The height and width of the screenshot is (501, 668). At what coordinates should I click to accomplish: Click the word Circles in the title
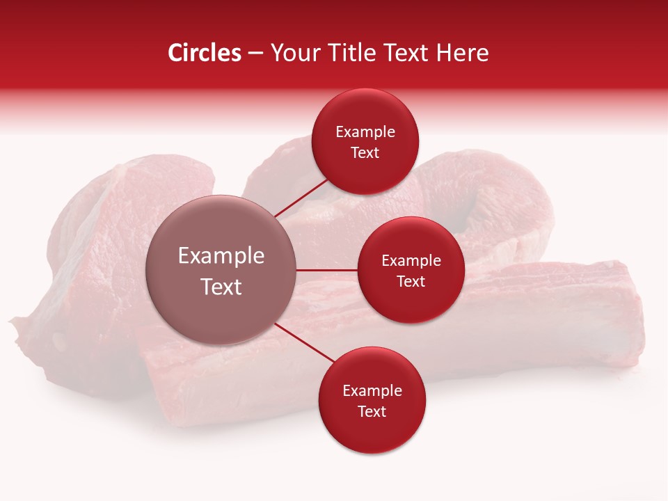(204, 53)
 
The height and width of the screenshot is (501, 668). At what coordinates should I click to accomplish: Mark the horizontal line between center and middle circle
(327, 270)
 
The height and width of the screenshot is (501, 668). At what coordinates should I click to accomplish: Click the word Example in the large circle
(221, 256)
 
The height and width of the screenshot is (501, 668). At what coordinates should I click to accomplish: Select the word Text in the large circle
(221, 287)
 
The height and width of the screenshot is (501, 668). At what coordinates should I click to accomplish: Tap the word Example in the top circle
(365, 132)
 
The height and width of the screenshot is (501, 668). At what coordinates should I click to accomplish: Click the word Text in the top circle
(365, 153)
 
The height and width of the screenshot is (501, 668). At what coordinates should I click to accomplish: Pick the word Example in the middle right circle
(411, 261)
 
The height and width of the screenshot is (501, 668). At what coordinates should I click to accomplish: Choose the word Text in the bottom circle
(372, 412)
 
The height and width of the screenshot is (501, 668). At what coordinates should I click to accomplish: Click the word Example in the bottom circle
(372, 391)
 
